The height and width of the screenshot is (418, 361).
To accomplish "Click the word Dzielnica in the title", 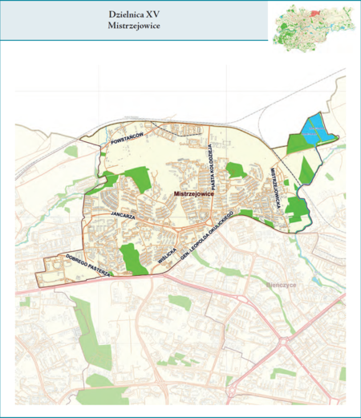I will (x=124, y=14).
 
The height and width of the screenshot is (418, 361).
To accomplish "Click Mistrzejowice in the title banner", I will (x=135, y=26).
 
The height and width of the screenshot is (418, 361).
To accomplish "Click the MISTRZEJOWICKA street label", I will (x=275, y=189).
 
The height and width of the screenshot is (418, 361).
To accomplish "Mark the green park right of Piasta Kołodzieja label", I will (x=235, y=169).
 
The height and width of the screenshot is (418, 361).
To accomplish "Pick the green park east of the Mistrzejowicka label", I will (x=297, y=209).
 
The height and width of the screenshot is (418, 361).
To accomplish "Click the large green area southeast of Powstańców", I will (x=137, y=179).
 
